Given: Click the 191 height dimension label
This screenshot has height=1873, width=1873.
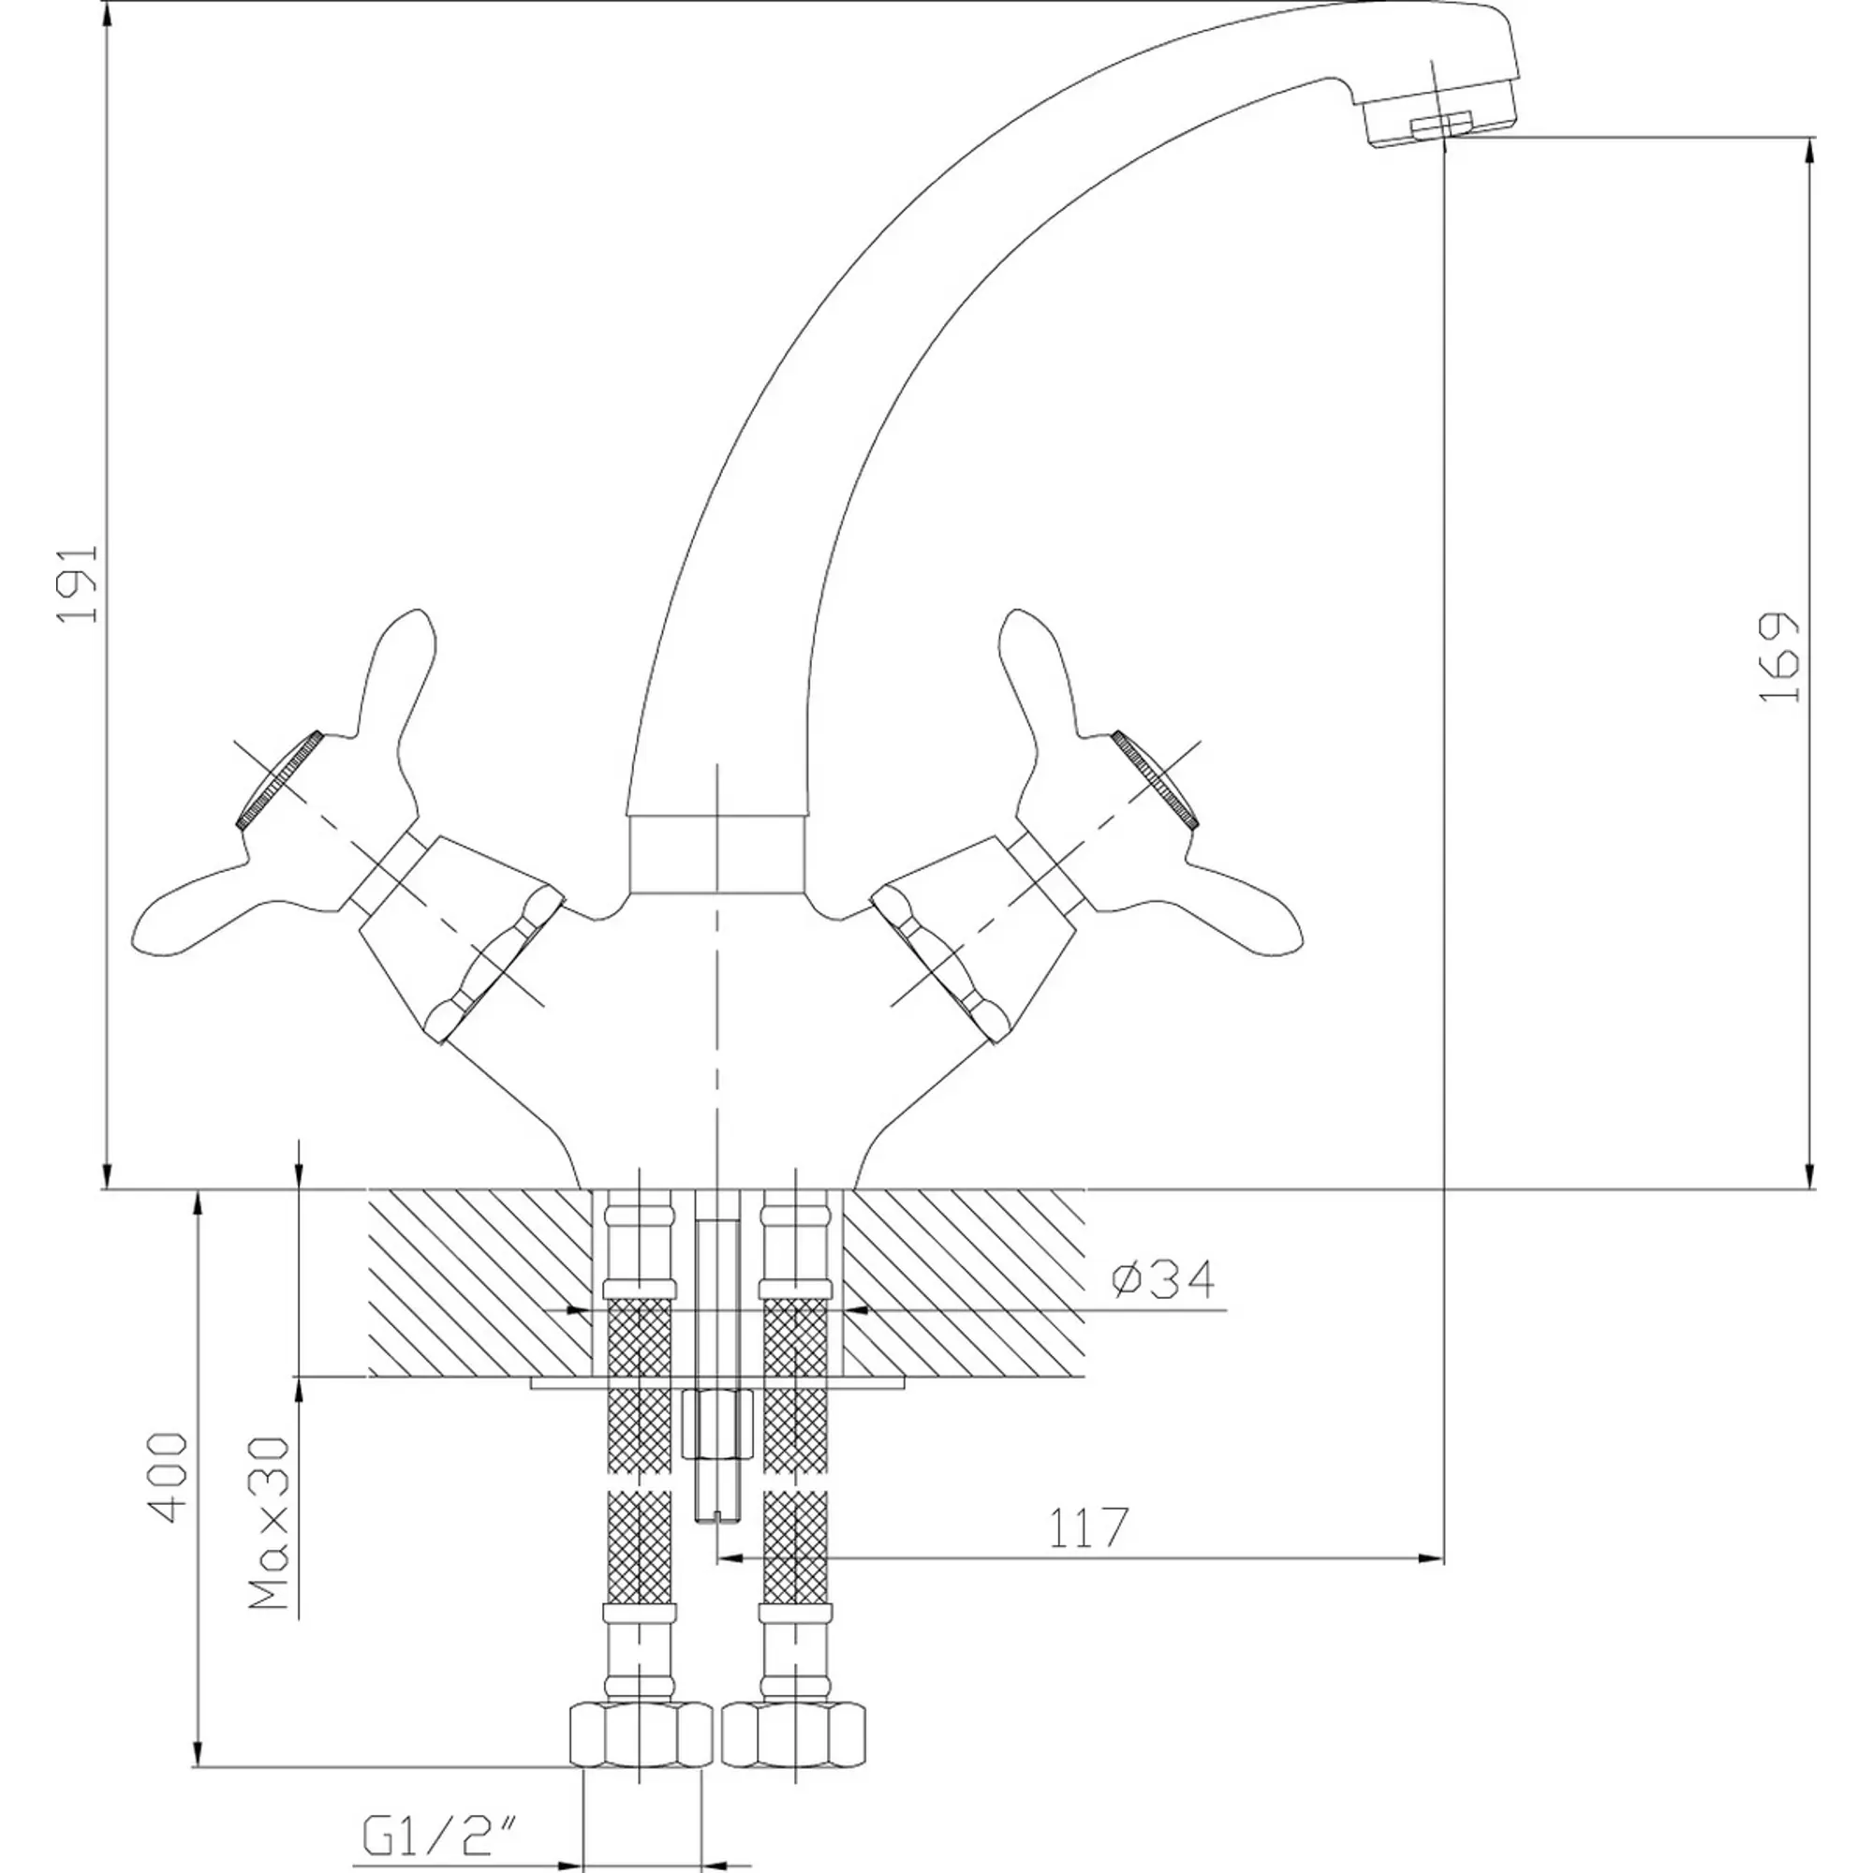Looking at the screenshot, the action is [79, 583].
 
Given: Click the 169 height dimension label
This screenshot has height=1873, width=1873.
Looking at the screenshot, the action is [1780, 657].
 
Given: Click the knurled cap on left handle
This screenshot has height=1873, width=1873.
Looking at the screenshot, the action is [279, 779].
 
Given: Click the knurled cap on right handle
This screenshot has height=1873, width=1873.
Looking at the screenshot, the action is [1156, 779].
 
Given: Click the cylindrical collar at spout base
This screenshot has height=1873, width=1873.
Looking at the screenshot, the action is [717, 853].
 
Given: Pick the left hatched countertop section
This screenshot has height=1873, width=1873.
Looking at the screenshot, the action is [479, 1283].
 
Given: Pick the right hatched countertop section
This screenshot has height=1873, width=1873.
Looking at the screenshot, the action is [964, 1283].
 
